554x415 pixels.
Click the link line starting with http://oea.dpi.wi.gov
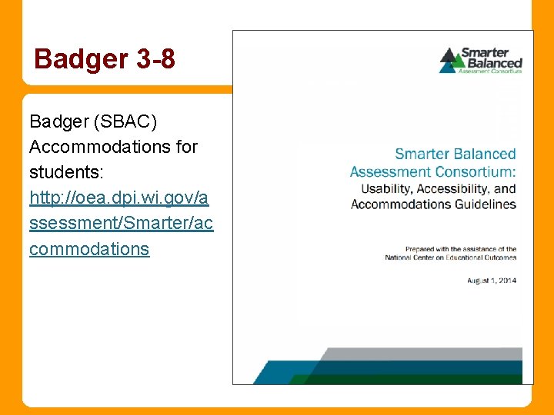click(x=118, y=198)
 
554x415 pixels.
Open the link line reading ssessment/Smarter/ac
click(x=122, y=223)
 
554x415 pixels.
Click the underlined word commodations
click(x=89, y=249)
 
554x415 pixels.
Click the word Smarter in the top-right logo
click(x=486, y=52)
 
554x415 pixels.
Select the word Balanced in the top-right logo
click(x=491, y=63)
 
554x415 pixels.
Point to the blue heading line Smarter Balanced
click(x=455, y=154)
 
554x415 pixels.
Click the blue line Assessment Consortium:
click(x=432, y=171)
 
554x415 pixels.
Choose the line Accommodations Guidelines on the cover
click(x=433, y=204)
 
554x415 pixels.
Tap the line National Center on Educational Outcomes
click(x=450, y=257)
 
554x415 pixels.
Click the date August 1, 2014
click(x=491, y=281)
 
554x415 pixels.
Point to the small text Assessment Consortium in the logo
click(x=489, y=71)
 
